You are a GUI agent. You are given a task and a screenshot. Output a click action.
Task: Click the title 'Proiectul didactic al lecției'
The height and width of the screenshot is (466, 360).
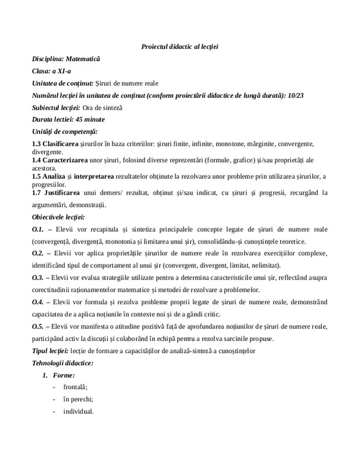click(180, 46)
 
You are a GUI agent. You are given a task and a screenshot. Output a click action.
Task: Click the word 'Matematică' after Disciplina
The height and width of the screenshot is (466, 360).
click(83, 59)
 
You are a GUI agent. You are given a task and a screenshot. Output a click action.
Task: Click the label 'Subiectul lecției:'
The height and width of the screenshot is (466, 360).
click(57, 108)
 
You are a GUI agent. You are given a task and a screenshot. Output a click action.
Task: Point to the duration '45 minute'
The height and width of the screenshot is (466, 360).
click(89, 120)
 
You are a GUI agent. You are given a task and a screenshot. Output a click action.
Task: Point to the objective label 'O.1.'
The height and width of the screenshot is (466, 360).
click(38, 229)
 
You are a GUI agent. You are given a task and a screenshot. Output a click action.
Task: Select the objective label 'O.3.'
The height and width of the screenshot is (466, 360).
click(38, 278)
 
